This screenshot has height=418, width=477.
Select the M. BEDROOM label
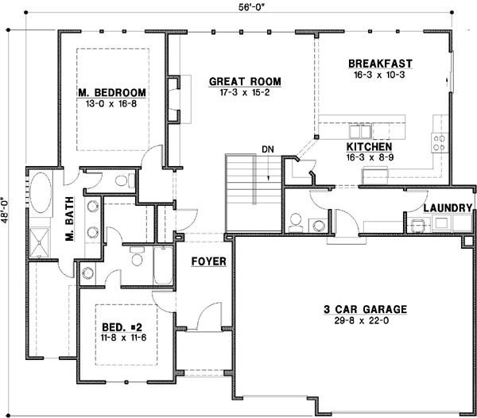pos(110,93)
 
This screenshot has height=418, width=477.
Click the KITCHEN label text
pos(368,147)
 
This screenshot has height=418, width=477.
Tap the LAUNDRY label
pos(448,208)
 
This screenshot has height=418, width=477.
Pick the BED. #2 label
pos(121,327)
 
